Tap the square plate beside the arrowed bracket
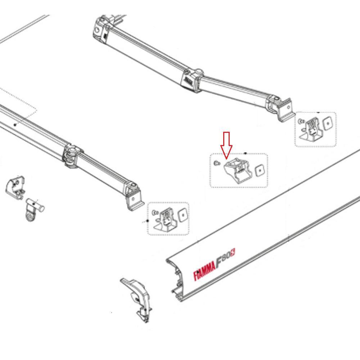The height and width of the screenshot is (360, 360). pos(259,171)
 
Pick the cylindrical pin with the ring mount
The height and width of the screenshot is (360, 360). pos(32,209)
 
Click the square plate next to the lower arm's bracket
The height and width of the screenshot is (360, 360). pos(183,215)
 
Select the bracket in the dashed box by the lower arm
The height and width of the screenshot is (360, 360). pos(165,220)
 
